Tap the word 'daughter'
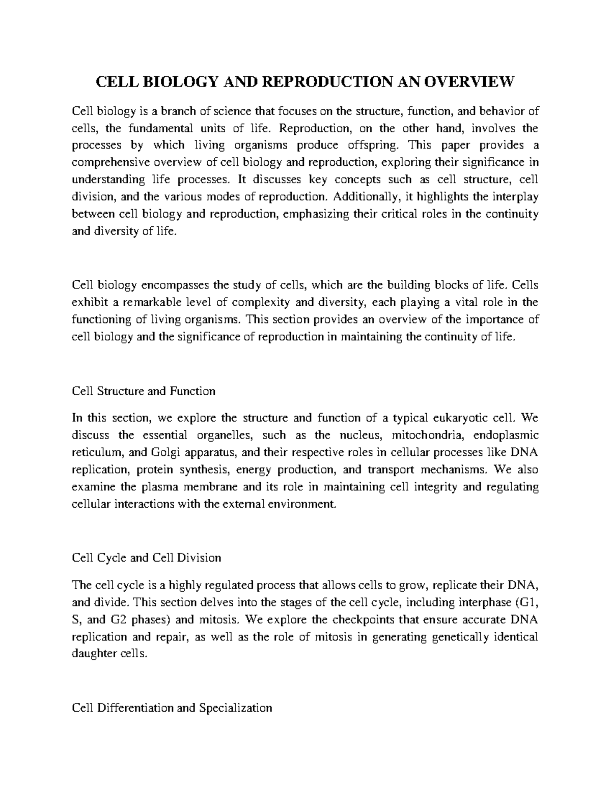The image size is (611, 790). coord(95,654)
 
